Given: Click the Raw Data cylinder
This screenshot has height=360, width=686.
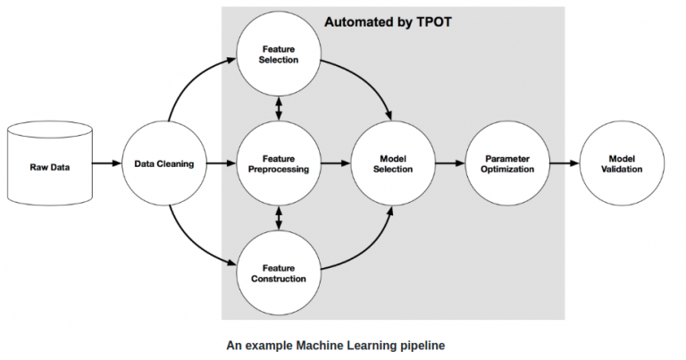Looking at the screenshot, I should pos(49,164).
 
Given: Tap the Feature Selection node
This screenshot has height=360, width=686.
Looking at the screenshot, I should pos(280,54).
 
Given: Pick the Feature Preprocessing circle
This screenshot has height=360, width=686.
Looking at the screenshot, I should pos(280,163).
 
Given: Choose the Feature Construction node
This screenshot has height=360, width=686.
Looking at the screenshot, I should pos(280,273).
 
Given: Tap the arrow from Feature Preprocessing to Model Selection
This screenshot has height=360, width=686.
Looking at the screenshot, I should pos(335,164).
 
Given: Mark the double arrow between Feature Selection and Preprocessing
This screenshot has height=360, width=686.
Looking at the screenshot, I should pos(280,109).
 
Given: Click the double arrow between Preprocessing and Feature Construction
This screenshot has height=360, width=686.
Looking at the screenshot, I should pos(280,219).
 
